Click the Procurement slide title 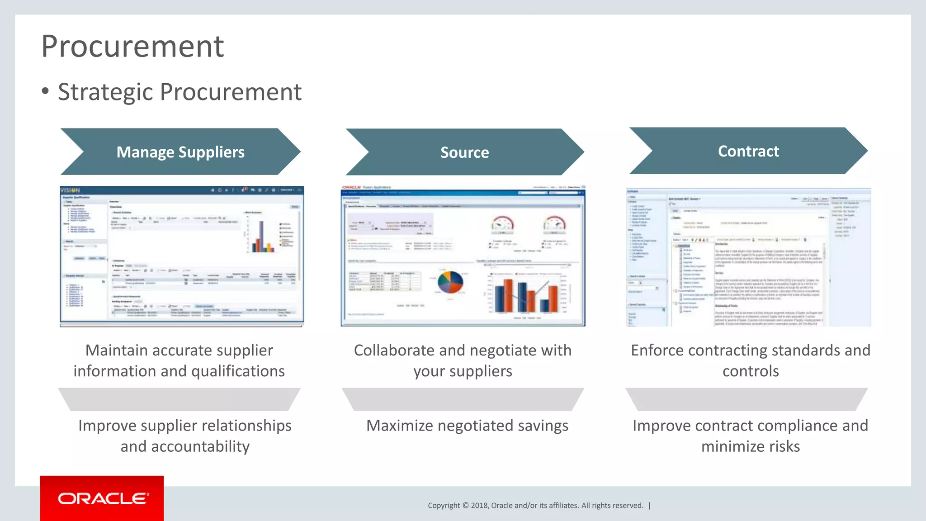[x=132, y=47]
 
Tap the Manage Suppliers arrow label [x=180, y=152]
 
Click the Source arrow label [x=464, y=152]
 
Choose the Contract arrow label [x=748, y=151]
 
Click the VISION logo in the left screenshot [x=71, y=190]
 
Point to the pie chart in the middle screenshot [x=450, y=282]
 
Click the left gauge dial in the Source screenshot [x=502, y=224]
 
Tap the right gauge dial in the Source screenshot [x=554, y=224]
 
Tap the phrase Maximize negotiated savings [x=467, y=426]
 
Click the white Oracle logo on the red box [x=103, y=498]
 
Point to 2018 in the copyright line [x=479, y=506]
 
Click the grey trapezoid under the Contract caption [x=746, y=399]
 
